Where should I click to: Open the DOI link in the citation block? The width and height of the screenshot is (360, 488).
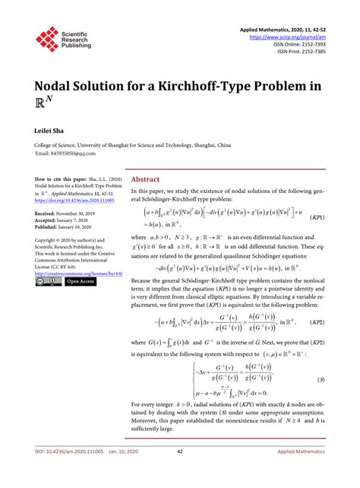[72, 201]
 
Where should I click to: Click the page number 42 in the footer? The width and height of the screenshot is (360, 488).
[180, 473]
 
